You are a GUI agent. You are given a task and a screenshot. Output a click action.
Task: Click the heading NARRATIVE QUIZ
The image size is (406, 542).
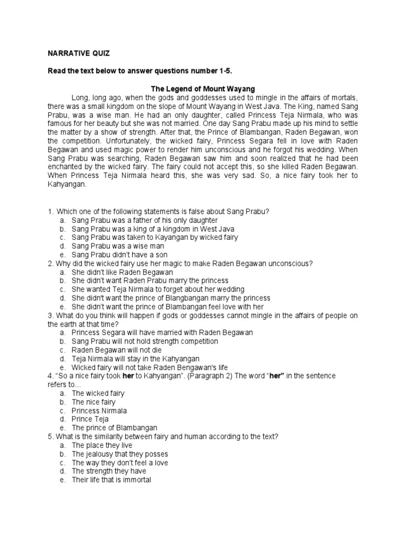(77, 53)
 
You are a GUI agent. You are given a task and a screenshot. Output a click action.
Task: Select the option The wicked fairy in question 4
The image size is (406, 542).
(98, 393)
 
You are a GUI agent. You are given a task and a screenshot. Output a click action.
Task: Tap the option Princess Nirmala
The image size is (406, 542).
(99, 410)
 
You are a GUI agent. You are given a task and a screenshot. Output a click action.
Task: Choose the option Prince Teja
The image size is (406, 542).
(90, 419)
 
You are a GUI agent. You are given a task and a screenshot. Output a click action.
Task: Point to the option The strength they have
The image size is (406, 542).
(109, 471)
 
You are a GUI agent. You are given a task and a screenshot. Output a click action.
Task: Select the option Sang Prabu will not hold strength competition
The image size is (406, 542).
(145, 341)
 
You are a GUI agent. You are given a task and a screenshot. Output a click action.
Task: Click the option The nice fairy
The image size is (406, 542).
(94, 402)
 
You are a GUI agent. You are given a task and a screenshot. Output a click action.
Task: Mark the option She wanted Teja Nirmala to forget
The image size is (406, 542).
(158, 290)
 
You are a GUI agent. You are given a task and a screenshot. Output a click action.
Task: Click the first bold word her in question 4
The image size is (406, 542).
(127, 376)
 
